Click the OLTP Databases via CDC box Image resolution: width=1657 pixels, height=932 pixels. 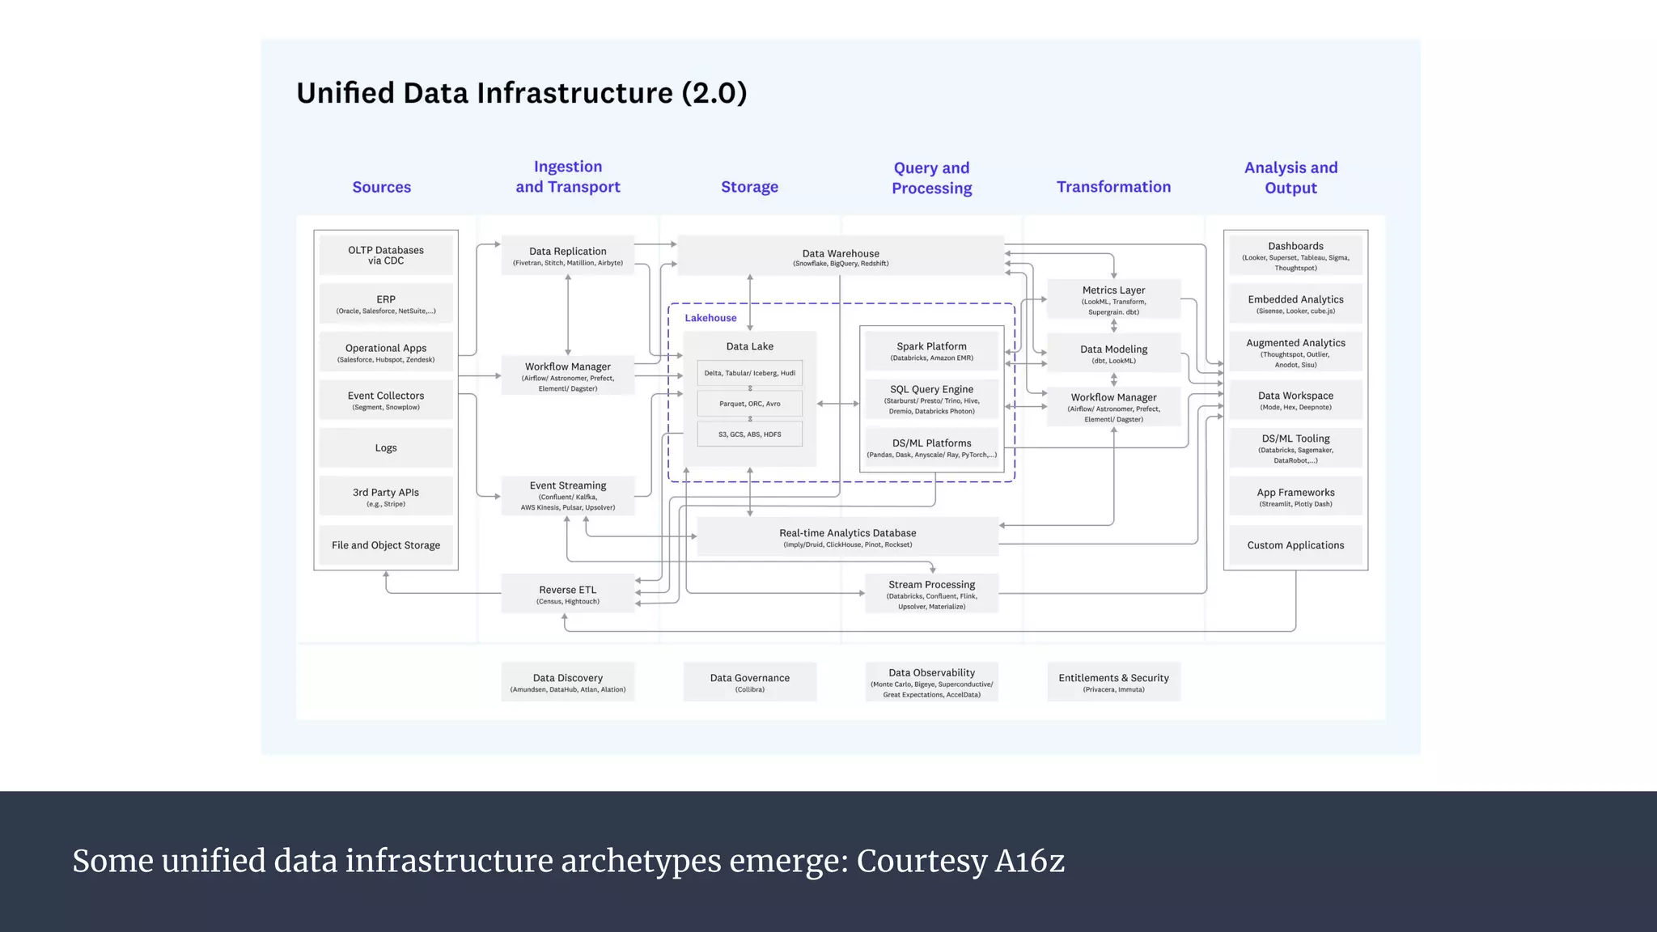pos(386,255)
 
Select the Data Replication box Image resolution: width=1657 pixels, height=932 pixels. pos(567,256)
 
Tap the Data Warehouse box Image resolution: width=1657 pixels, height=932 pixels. pos(841,256)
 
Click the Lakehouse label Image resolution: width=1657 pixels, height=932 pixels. pos(710,318)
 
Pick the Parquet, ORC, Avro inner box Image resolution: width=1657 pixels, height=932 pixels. pos(750,404)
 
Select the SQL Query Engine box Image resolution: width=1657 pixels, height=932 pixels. pos(931,399)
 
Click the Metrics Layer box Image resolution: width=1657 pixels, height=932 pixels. pos(1113,299)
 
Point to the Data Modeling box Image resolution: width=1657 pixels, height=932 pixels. pos(1113,354)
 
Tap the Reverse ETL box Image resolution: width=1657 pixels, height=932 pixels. pos(567,594)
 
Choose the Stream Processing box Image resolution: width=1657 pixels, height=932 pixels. pos(931,594)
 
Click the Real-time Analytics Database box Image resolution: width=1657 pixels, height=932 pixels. pos(847,537)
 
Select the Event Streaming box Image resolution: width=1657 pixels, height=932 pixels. pos(567,496)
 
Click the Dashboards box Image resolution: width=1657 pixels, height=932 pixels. pos(1295,256)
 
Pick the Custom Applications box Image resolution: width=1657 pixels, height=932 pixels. pos(1295,545)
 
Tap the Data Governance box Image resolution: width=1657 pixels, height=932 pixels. pos(749,682)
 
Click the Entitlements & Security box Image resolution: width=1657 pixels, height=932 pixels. pos(1113,682)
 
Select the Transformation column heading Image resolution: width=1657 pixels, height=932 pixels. pos(1113,187)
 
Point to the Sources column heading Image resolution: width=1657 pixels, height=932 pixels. pos(381,187)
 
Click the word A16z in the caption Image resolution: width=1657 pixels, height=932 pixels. pos(1029,861)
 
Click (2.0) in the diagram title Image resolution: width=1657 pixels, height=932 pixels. pos(714,93)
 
